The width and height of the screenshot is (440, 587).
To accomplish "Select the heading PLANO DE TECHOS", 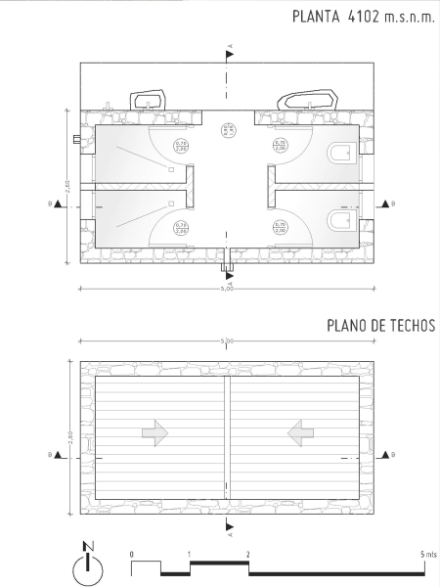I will coord(380,326).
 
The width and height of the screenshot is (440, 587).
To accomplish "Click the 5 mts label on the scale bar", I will coord(426,555).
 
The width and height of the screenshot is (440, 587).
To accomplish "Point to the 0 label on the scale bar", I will coord(131,555).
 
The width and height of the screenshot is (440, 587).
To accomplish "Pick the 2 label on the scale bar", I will coord(248,555).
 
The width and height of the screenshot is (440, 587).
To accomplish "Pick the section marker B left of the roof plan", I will coord(61,455).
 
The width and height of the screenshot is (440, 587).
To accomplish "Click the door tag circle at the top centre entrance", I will coord(226,128).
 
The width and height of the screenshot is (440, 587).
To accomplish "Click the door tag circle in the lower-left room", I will coord(181,228).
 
